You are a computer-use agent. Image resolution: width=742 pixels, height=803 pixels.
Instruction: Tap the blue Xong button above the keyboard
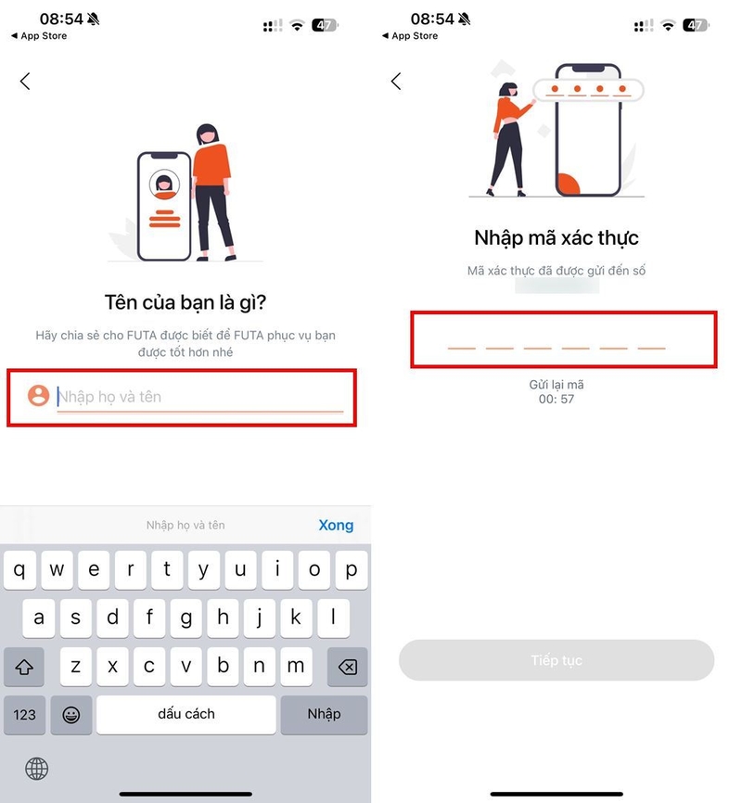coord(336,525)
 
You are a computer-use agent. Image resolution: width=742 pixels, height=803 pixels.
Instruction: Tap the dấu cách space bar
coord(186,714)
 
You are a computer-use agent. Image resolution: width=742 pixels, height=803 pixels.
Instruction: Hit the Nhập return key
coord(324,714)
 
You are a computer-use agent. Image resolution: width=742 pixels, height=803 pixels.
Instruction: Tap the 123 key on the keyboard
coord(25,714)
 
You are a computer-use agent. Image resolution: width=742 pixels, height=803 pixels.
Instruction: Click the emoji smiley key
coord(71,714)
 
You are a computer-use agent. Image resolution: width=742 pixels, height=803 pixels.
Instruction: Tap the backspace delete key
coord(348,667)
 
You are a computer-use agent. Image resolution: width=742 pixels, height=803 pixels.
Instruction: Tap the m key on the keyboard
coord(296,667)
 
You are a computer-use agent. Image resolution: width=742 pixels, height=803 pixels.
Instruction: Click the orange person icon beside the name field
coord(38,396)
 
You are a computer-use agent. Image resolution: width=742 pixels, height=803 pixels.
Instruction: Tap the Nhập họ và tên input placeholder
coord(109,396)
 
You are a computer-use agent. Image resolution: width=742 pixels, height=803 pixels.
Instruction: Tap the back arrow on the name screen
coord(25,81)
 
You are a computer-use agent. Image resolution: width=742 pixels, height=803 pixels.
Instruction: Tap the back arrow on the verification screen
coord(396,81)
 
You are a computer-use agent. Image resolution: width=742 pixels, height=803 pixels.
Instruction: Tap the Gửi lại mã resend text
coord(556,385)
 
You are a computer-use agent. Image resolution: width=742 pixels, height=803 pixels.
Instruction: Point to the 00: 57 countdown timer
coord(556,399)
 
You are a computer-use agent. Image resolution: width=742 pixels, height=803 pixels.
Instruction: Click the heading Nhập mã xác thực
coord(556,238)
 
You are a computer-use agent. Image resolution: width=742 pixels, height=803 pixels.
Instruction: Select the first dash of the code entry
coord(462,349)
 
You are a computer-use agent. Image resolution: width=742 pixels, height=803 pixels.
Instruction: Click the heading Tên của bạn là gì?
coord(185,302)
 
